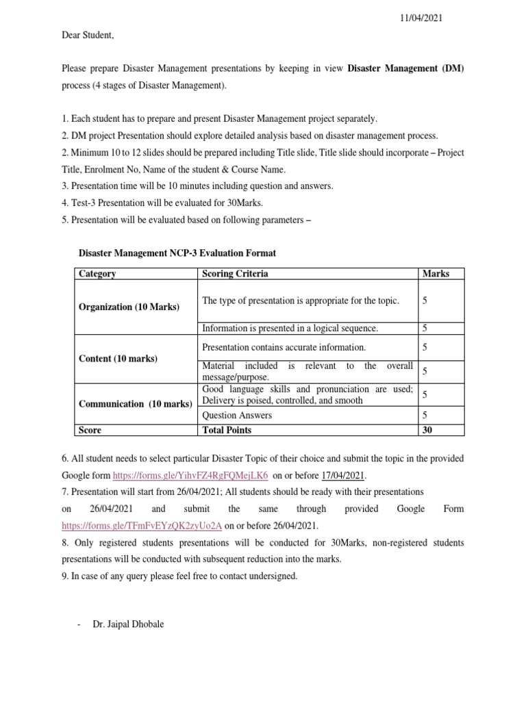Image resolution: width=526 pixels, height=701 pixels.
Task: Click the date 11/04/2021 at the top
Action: (x=421, y=18)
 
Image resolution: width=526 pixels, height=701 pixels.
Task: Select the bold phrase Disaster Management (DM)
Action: (x=405, y=68)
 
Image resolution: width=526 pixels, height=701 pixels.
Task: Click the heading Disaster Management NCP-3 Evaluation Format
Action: (x=177, y=253)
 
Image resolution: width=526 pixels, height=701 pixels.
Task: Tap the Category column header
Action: (x=97, y=274)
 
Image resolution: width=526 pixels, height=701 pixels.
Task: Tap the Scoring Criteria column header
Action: (x=235, y=274)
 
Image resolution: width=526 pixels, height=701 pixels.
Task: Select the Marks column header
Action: (x=436, y=274)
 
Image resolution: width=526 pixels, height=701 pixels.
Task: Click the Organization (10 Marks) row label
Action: (x=129, y=307)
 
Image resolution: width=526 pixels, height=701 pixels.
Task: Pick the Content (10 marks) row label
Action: (x=118, y=359)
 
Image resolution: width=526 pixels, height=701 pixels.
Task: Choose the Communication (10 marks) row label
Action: (x=135, y=404)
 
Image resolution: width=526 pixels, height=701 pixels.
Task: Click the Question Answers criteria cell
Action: (x=237, y=416)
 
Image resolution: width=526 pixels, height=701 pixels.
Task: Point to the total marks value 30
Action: (x=427, y=430)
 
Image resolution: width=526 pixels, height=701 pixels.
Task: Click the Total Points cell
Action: (x=227, y=430)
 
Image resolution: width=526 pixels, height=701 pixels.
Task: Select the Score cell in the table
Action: (x=90, y=430)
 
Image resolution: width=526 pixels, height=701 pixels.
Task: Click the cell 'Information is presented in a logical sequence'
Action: (x=290, y=329)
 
